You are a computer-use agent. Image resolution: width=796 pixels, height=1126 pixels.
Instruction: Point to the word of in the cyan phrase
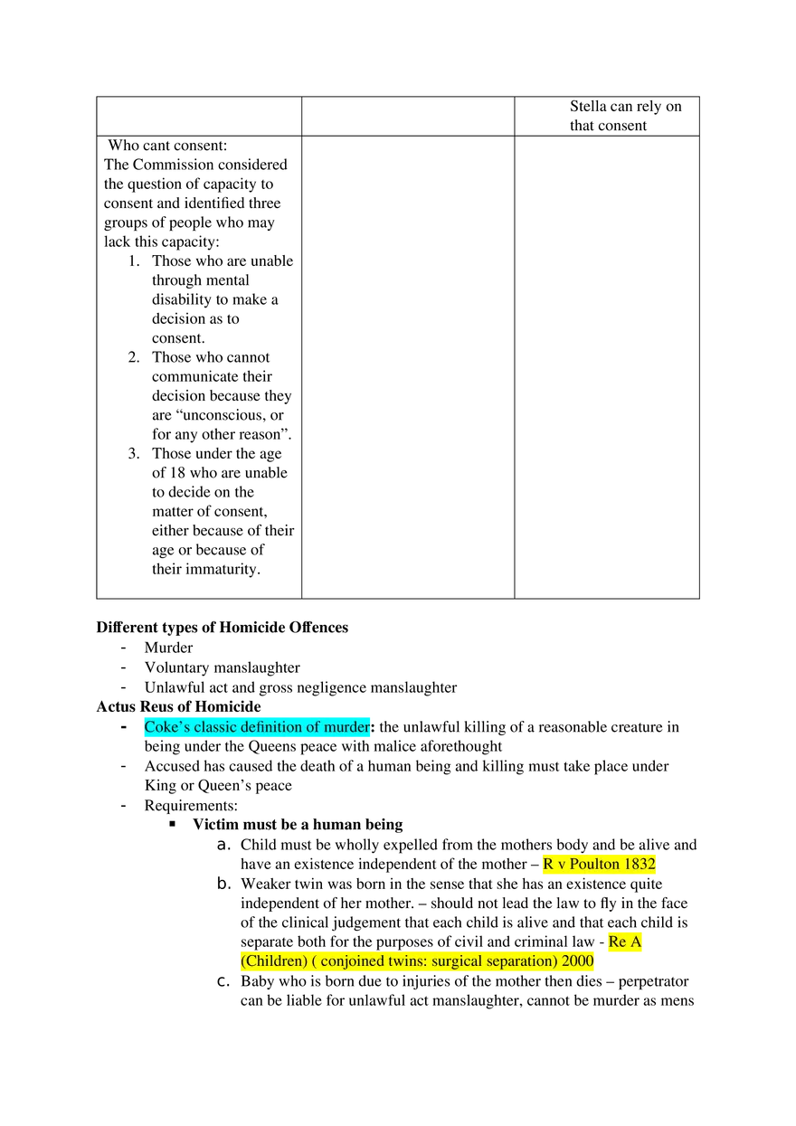314,727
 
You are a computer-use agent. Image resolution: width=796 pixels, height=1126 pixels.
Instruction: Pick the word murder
346,727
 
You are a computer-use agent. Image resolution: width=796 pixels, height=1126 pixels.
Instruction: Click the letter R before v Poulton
548,865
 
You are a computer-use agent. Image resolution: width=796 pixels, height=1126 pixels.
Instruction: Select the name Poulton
593,865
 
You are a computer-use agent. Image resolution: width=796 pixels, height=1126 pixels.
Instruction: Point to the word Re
618,942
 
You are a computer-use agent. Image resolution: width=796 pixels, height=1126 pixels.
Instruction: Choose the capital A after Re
637,942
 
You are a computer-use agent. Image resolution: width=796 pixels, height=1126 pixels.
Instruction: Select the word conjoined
355,961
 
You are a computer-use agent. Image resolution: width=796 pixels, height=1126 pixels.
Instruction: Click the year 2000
577,961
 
